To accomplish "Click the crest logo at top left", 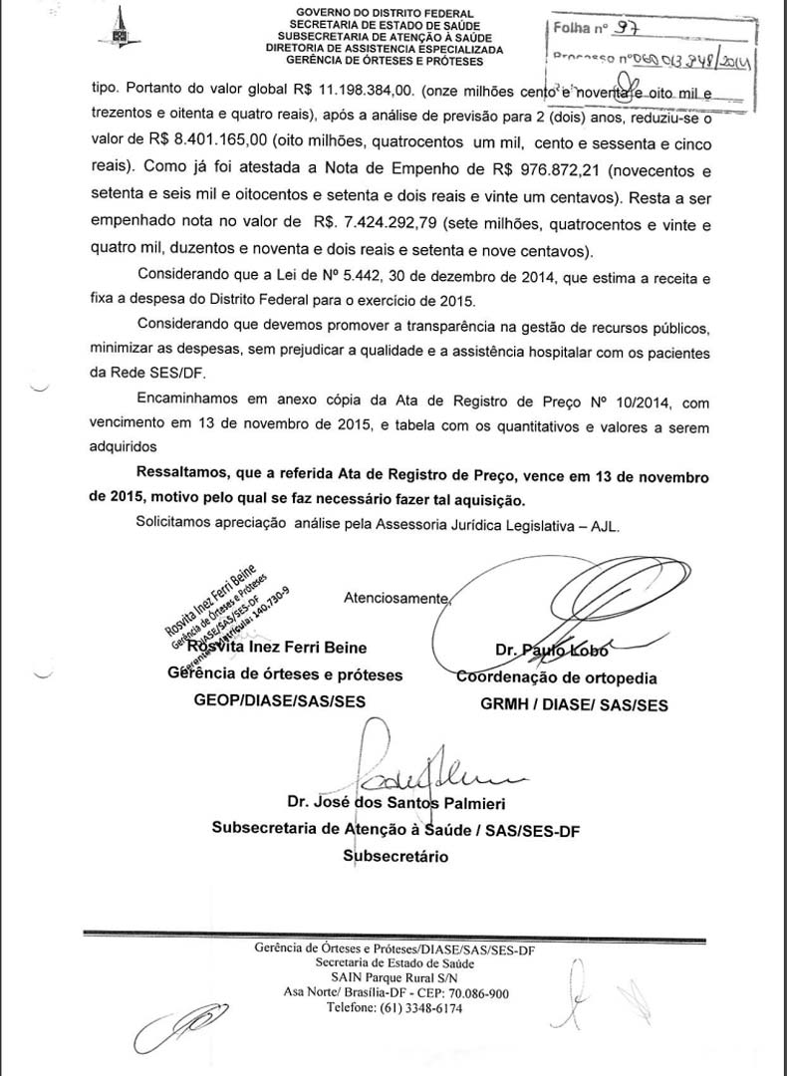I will (x=119, y=27).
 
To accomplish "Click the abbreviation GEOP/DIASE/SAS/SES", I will (x=280, y=701).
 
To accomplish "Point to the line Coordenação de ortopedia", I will (x=556, y=677).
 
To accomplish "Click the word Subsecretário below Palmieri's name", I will (x=395, y=855).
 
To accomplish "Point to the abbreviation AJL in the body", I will (x=604, y=524).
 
